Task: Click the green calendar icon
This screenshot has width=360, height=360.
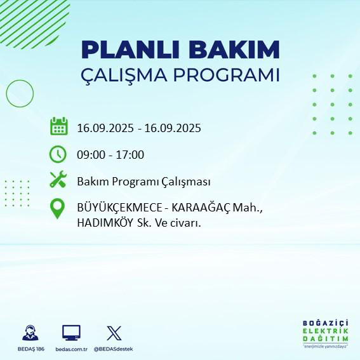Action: (x=58, y=127)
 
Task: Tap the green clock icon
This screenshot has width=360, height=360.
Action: (x=58, y=154)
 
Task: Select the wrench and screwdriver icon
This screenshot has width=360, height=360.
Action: (x=58, y=180)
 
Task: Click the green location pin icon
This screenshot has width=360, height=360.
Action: (x=58, y=209)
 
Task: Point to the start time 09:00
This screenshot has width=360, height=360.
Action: (x=91, y=154)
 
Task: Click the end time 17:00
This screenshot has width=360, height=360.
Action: (x=130, y=154)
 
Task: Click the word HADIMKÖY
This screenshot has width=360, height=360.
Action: (x=104, y=223)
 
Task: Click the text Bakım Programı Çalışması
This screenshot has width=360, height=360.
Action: (x=143, y=182)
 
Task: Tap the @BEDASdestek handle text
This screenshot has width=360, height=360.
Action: (x=114, y=349)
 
